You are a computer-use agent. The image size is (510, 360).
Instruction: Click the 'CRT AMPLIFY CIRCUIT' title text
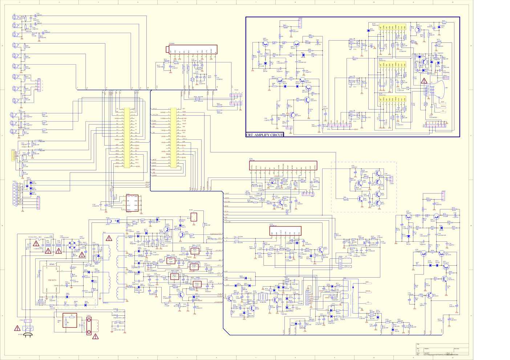click(264, 135)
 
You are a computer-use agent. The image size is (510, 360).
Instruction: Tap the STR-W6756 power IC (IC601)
click(52, 280)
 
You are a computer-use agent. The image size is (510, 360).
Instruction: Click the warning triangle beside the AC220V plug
click(17, 328)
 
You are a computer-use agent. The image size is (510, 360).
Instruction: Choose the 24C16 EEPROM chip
click(132, 204)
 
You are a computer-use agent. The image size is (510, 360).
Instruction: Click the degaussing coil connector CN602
click(89, 326)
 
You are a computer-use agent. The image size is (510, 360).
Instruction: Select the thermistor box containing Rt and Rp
click(70, 320)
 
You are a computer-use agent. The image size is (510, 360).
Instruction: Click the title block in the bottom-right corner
click(442, 350)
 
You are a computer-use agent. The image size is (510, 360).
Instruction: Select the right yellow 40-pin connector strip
click(174, 138)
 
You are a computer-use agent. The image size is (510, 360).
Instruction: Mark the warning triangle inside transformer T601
click(109, 238)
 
